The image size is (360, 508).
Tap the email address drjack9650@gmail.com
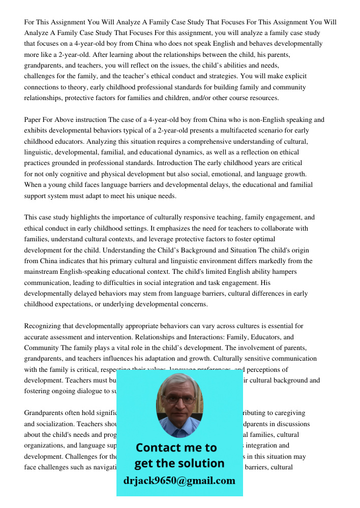pyautogui.click(x=179, y=481)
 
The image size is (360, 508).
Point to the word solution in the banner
pyautogui.click(x=200, y=463)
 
